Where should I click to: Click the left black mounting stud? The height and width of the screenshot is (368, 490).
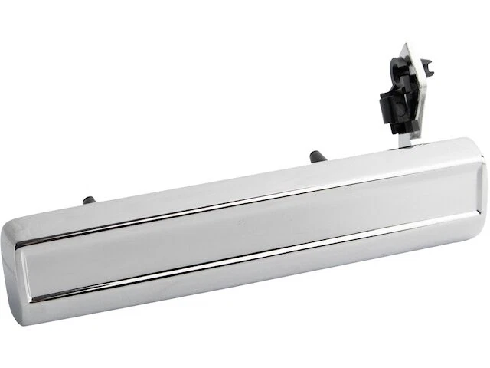(89, 200)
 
